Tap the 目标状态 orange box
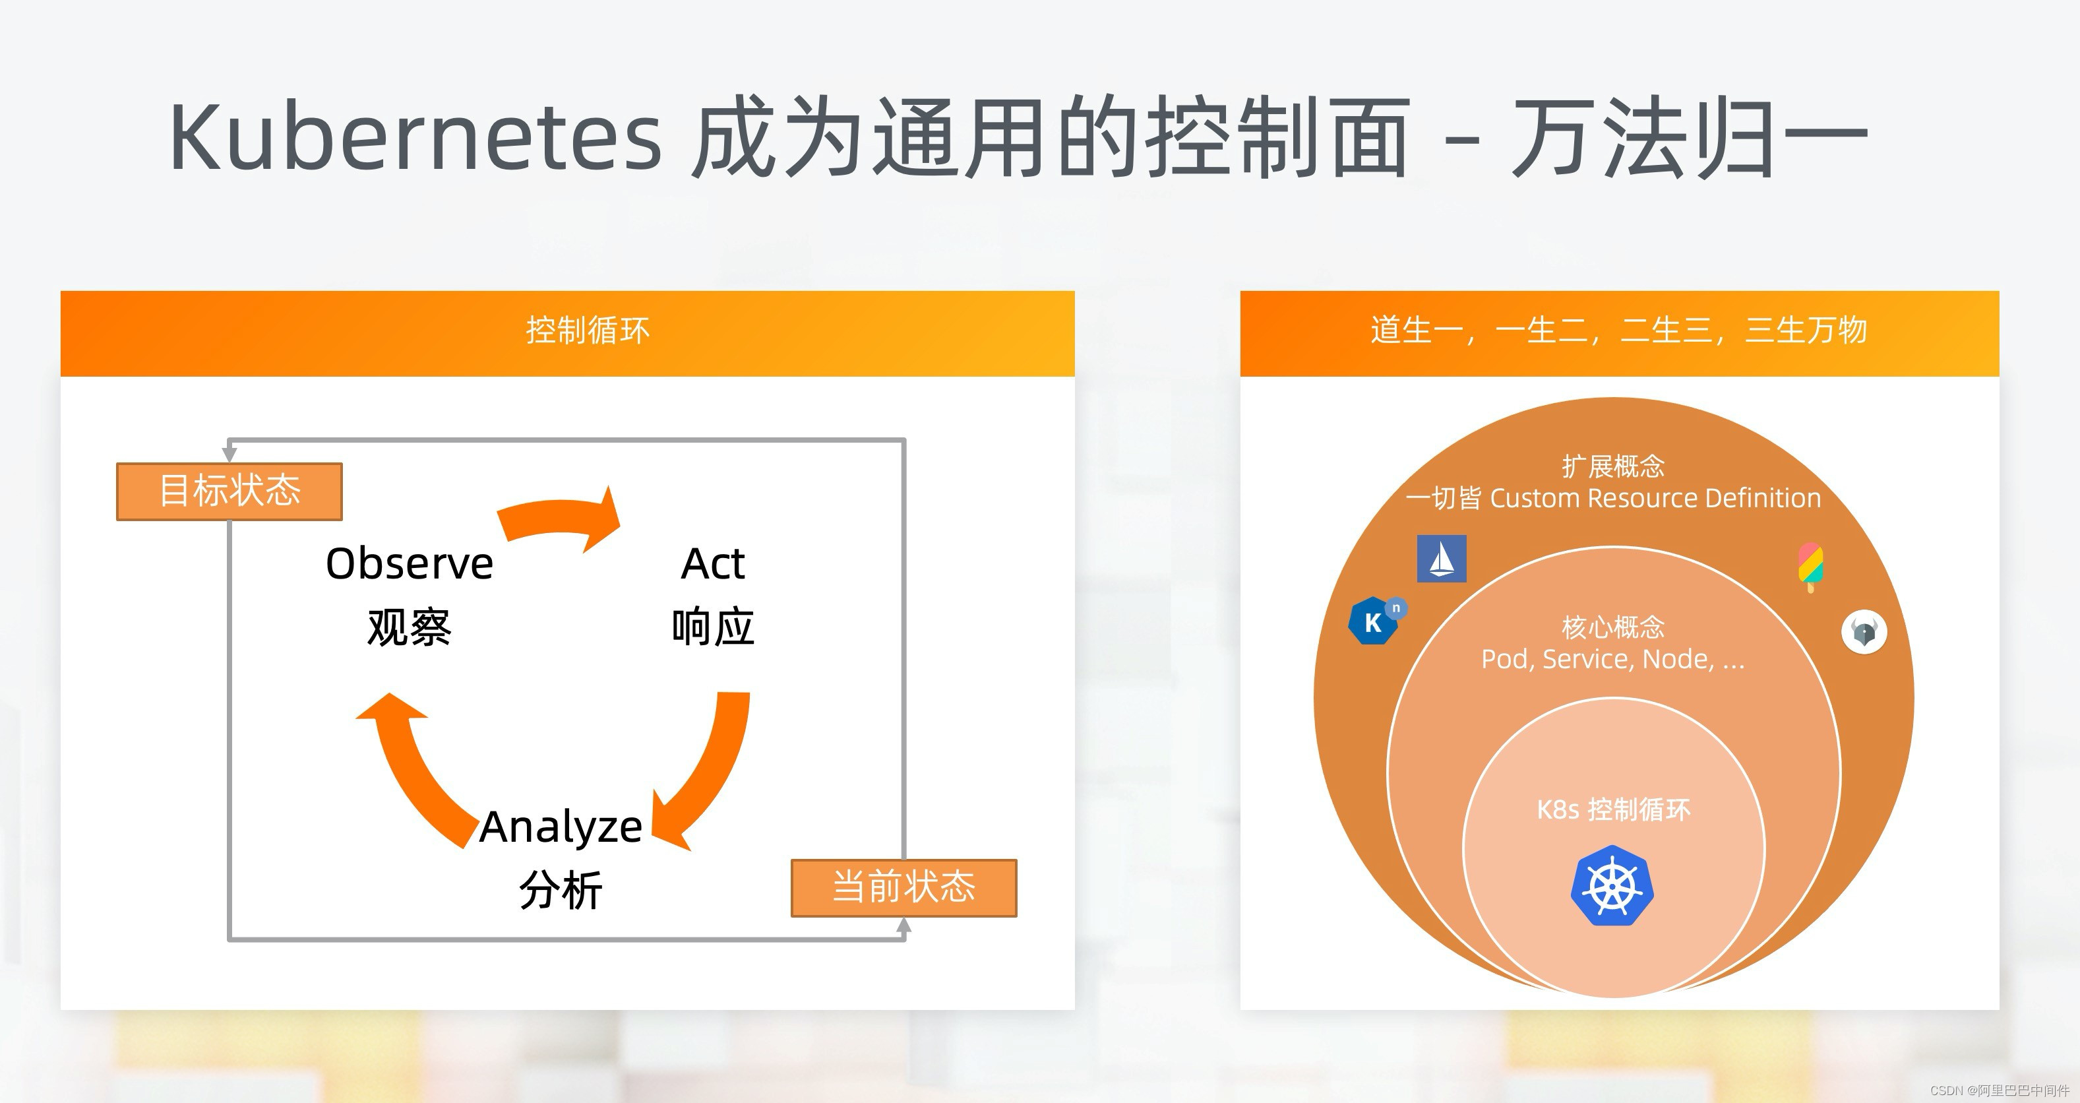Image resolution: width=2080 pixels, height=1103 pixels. [x=229, y=491]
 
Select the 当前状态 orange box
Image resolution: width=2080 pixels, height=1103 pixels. [x=903, y=887]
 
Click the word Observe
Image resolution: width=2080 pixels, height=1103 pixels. [x=410, y=563]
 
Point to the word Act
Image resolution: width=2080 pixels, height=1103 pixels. [x=712, y=563]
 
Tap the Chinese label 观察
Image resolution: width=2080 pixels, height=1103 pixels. [x=410, y=627]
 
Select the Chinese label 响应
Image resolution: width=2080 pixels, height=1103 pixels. [x=712, y=627]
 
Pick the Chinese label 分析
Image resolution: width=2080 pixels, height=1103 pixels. [x=561, y=891]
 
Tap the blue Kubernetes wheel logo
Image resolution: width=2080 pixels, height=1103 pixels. [x=1612, y=886]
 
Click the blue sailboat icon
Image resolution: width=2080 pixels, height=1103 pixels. [x=1442, y=559]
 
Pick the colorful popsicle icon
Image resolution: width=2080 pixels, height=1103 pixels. [x=1810, y=565]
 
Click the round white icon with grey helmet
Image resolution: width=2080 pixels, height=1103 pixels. [x=1864, y=631]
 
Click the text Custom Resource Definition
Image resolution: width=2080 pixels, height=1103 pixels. [x=1655, y=498]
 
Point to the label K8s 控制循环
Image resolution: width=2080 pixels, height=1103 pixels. [x=1612, y=809]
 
